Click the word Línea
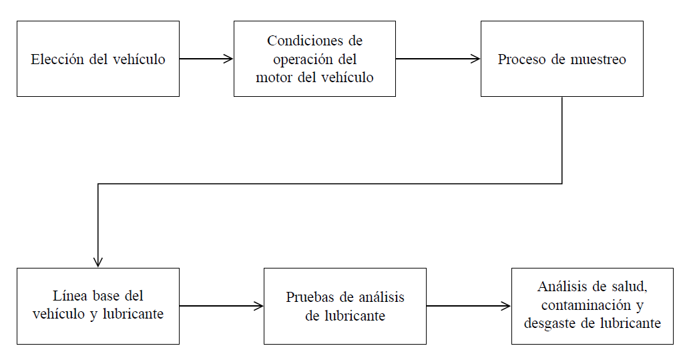coord(68,296)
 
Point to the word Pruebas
coord(308,297)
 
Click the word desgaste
coord(551,323)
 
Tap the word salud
coord(627,287)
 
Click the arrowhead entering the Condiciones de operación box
coord(229,59)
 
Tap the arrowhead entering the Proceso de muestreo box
coord(476,59)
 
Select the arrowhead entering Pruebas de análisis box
coord(259,307)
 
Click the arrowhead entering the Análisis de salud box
coord(507,307)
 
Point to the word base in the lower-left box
coord(105,296)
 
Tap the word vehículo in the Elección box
coord(139,59)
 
